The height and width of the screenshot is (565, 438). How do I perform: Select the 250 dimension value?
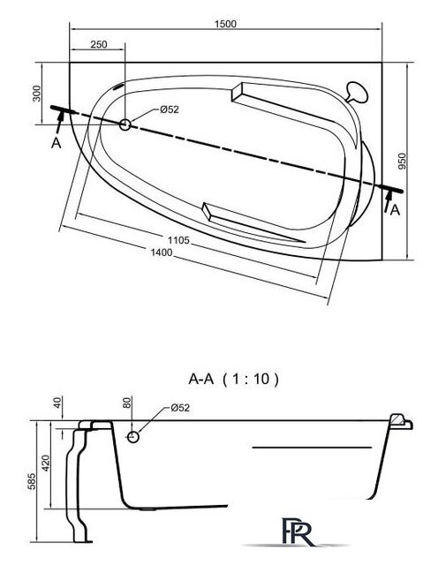point(99,46)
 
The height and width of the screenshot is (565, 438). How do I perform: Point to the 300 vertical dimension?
point(36,93)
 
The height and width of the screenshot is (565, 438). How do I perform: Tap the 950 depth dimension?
point(402,161)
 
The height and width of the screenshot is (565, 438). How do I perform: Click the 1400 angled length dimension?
point(161,252)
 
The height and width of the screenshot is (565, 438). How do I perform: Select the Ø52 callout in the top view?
point(171,109)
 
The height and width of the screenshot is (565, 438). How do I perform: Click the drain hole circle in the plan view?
point(125,124)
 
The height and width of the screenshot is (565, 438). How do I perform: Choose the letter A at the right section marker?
point(395,209)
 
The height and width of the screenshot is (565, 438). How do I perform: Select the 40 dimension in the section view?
point(58,405)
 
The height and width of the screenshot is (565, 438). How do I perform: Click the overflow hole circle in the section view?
point(133,436)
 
